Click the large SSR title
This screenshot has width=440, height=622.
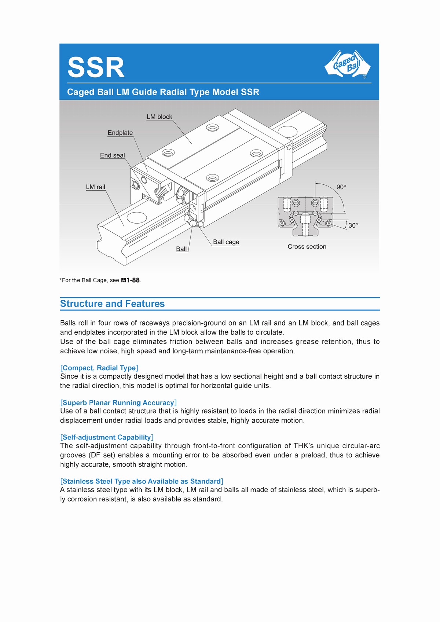point(96,67)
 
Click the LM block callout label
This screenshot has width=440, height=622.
point(159,117)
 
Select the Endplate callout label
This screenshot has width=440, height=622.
point(120,133)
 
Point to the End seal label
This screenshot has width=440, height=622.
point(112,155)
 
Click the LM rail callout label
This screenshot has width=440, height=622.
point(95,187)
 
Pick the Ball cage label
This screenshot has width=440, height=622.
point(226,242)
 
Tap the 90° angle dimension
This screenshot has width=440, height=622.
point(341,187)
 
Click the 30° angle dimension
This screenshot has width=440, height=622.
point(353,225)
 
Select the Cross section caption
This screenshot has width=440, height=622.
point(307,247)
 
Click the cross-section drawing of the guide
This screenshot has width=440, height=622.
point(305,216)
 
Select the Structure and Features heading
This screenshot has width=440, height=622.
point(112,304)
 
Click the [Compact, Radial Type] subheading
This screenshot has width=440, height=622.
point(99,368)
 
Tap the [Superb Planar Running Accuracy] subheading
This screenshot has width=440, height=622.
point(118,403)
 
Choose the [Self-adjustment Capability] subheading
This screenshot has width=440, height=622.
point(107,437)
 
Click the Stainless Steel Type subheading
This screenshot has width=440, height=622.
point(142,481)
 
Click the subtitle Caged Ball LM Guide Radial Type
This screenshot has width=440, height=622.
point(163,92)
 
